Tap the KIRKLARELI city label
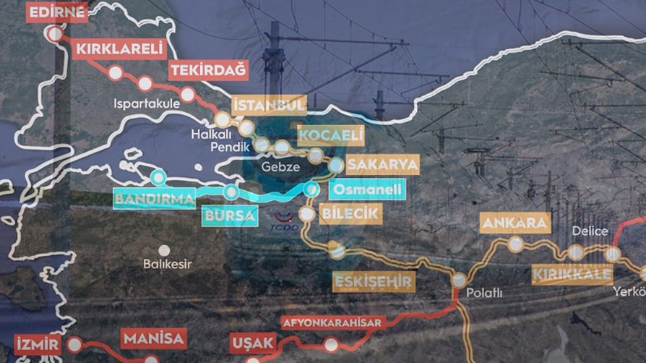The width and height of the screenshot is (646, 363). (119, 49)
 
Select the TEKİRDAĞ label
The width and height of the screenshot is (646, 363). (208, 70)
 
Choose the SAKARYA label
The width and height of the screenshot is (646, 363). (382, 164)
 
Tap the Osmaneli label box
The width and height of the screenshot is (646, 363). (366, 189)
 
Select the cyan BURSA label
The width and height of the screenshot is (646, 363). (230, 215)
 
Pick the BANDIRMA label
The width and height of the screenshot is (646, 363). (155, 198)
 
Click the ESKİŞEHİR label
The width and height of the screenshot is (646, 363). (374, 281)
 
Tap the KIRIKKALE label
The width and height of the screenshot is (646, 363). (572, 275)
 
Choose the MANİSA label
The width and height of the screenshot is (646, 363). (154, 338)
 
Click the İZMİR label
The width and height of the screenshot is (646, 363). (38, 344)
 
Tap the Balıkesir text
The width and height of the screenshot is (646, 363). (167, 264)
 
